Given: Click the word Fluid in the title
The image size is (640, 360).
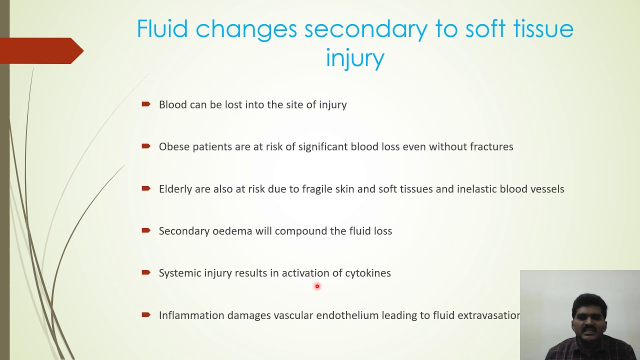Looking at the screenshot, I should tap(162, 29).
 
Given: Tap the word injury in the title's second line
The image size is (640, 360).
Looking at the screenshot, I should tap(354, 58).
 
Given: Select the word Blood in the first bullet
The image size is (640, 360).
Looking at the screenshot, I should tap(173, 104).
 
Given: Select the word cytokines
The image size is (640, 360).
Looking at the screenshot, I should tap(367, 273).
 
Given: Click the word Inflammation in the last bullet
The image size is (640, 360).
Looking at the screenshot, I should tap(191, 315).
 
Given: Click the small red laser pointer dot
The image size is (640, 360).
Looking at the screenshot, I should tap(317, 286).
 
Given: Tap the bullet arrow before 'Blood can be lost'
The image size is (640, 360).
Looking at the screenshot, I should tap(146, 104).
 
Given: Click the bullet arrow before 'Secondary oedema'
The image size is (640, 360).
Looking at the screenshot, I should tap(146, 230).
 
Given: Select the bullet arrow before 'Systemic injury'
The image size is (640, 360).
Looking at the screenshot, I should tap(146, 272).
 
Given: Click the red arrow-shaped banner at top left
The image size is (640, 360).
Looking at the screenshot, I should tap(40, 50).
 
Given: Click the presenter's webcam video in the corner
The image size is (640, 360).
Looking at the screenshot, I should tap(580, 315).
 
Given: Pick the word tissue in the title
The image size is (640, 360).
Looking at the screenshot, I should tap(543, 29).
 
